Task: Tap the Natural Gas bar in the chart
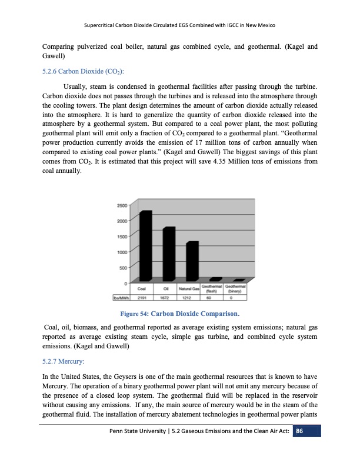[192, 261]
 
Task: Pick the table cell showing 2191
[142, 298]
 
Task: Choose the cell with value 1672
[166, 298]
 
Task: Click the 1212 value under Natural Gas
[191, 298]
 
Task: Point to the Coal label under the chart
[142, 289]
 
